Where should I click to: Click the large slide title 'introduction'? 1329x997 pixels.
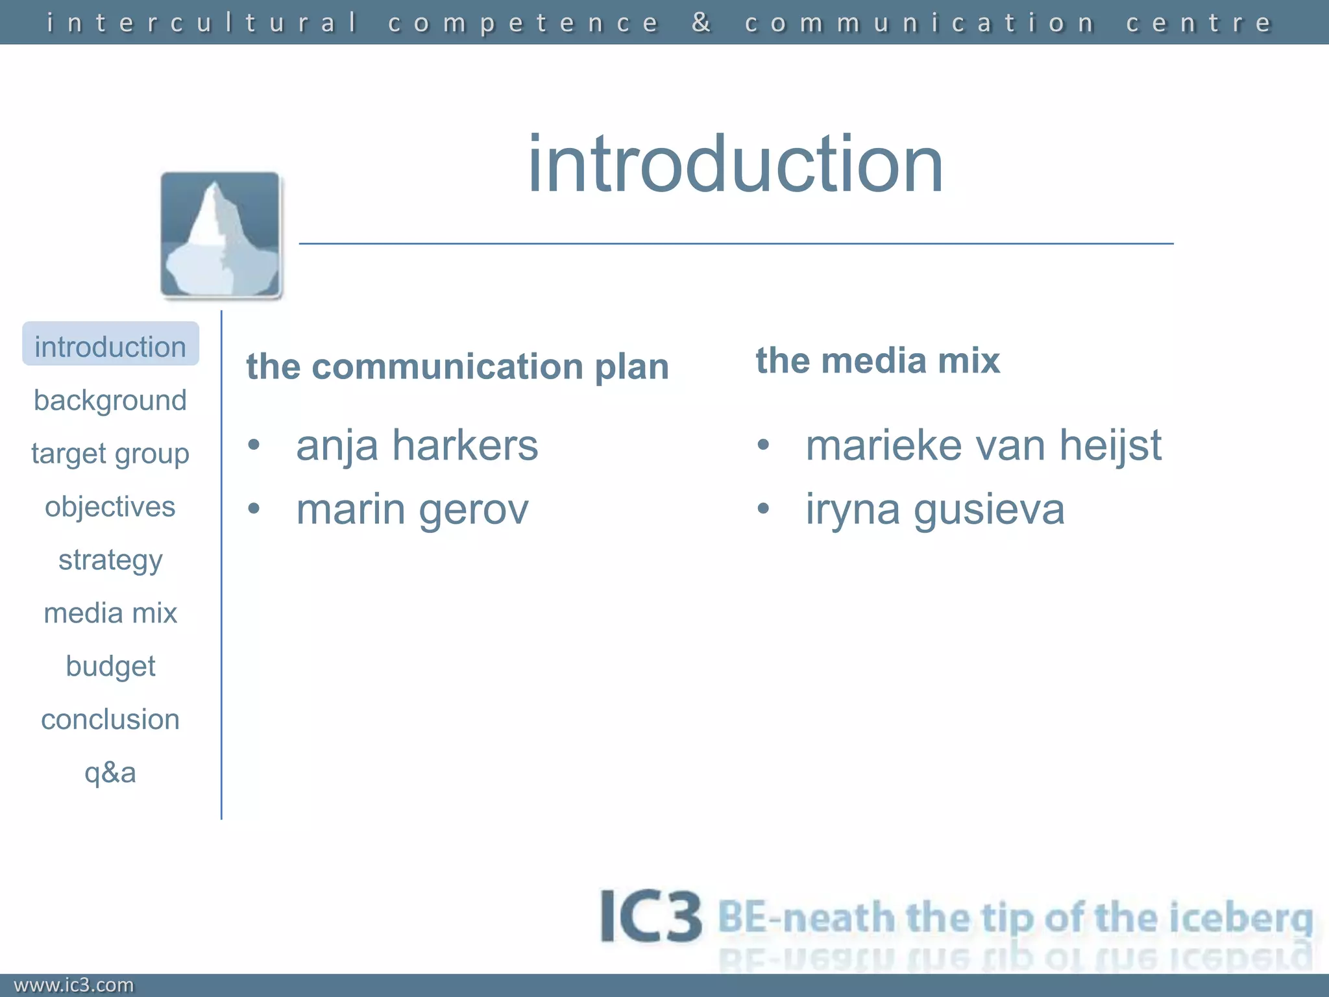coord(735,164)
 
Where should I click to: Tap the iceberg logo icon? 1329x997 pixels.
coord(221,235)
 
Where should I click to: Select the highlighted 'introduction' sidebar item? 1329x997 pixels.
coord(110,345)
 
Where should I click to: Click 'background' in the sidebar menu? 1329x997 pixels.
coord(110,400)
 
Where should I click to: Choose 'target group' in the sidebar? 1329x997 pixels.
coord(110,453)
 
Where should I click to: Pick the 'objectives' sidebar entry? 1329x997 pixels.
coord(110,506)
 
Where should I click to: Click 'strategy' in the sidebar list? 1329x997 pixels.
coord(110,560)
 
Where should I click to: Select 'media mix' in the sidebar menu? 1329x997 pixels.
coord(110,613)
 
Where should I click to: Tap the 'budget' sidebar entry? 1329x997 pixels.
coord(110,666)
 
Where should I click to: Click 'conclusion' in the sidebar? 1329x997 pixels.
coord(110,719)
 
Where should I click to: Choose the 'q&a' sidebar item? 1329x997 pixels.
coord(110,772)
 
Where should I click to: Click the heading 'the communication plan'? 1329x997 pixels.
coord(457,367)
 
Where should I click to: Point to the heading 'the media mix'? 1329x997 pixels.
coord(877,360)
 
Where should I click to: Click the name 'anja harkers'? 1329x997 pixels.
coord(417,445)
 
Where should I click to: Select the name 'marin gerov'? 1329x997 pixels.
coord(412,509)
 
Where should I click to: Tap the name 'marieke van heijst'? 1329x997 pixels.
coord(983,445)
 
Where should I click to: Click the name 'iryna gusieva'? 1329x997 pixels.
coord(934,509)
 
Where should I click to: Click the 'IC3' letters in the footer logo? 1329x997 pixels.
coord(650,917)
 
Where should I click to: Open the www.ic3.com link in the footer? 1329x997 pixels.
coord(74,985)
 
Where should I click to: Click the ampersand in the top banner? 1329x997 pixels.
coord(701,23)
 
